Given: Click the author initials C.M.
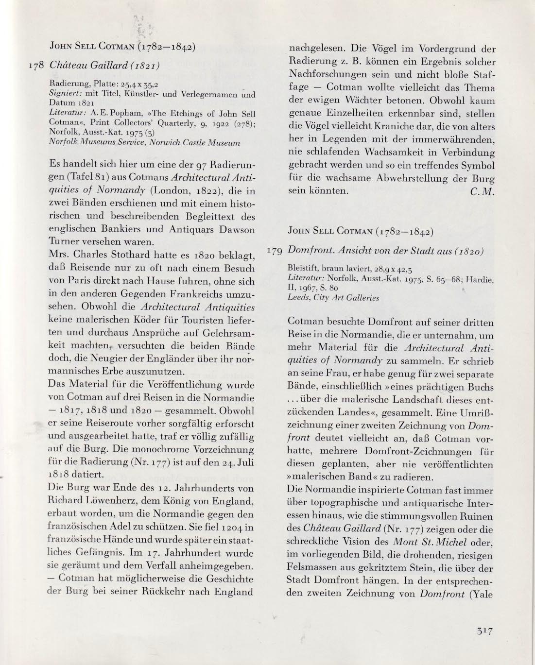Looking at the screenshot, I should point(483,191).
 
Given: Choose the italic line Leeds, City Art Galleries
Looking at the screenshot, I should point(333,298).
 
